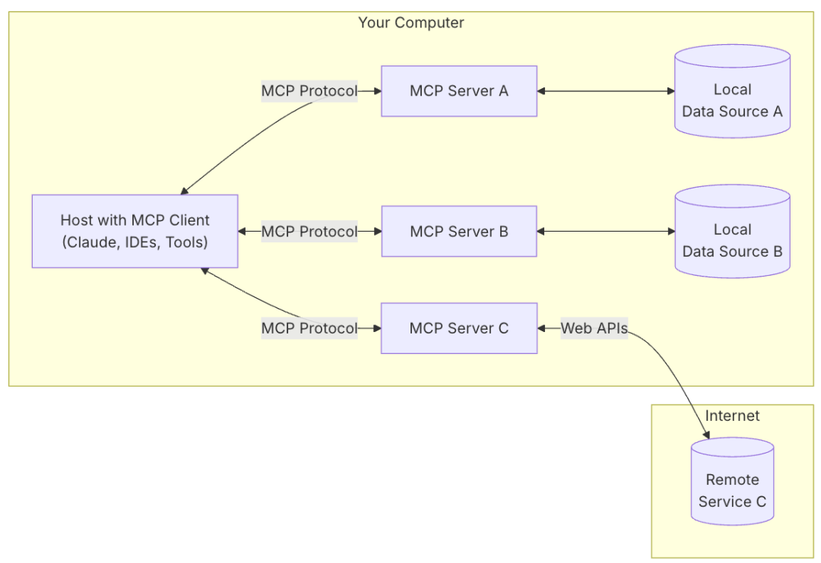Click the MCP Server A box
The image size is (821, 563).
[x=458, y=91]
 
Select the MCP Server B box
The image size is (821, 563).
[x=458, y=232]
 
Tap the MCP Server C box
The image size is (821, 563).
[x=458, y=328]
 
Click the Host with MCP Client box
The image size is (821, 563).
[x=135, y=231]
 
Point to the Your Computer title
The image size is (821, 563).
[x=410, y=23]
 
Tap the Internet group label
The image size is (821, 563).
[x=732, y=416]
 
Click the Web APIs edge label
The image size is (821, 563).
[x=594, y=328]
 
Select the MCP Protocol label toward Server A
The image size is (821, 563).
[x=309, y=91]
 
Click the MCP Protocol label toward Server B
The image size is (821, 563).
[x=309, y=232]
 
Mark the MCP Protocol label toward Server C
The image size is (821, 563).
[x=309, y=328]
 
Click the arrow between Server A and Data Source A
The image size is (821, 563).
[x=606, y=91]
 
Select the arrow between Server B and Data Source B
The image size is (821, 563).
[x=606, y=232]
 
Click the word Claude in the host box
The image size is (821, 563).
[x=88, y=242]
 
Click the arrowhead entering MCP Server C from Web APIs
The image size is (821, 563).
[x=542, y=328]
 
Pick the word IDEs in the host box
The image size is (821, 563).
[x=140, y=242]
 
